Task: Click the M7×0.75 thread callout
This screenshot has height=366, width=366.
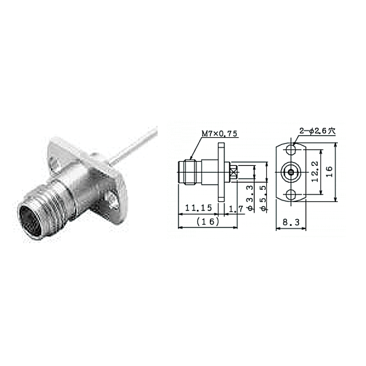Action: [x=220, y=134]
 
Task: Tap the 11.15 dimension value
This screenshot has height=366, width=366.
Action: [x=199, y=207]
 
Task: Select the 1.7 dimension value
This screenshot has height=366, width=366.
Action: [x=236, y=209]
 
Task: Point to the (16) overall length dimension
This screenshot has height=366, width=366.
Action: [x=208, y=222]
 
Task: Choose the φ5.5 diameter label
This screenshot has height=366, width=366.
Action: [x=263, y=198]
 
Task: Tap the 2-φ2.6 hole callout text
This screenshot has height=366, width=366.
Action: [x=318, y=131]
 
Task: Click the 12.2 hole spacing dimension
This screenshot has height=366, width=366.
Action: [x=315, y=171]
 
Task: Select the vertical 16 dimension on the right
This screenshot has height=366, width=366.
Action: [x=329, y=172]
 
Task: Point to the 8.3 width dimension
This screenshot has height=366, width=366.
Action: [x=291, y=222]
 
